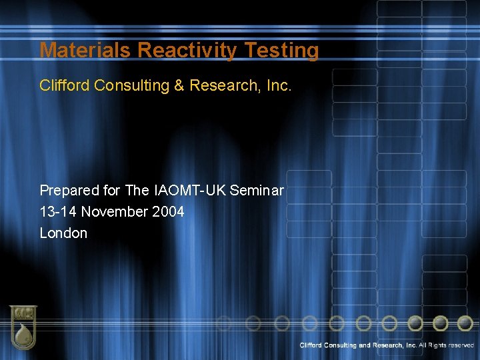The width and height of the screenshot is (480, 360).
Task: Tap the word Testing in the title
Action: click(282, 51)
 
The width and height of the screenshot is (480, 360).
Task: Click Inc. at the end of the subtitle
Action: click(277, 85)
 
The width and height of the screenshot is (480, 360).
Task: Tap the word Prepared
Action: click(70, 191)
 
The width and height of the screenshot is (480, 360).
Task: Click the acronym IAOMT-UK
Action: click(189, 191)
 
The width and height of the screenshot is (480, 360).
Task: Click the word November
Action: click(115, 212)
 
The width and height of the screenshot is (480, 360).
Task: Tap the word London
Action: click(63, 233)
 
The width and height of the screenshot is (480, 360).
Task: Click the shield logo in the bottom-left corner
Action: click(23, 327)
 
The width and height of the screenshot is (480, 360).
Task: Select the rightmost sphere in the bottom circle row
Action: click(465, 323)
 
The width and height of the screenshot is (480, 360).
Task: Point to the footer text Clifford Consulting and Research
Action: click(358, 345)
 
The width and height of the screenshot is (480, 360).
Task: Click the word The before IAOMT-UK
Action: click(137, 191)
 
